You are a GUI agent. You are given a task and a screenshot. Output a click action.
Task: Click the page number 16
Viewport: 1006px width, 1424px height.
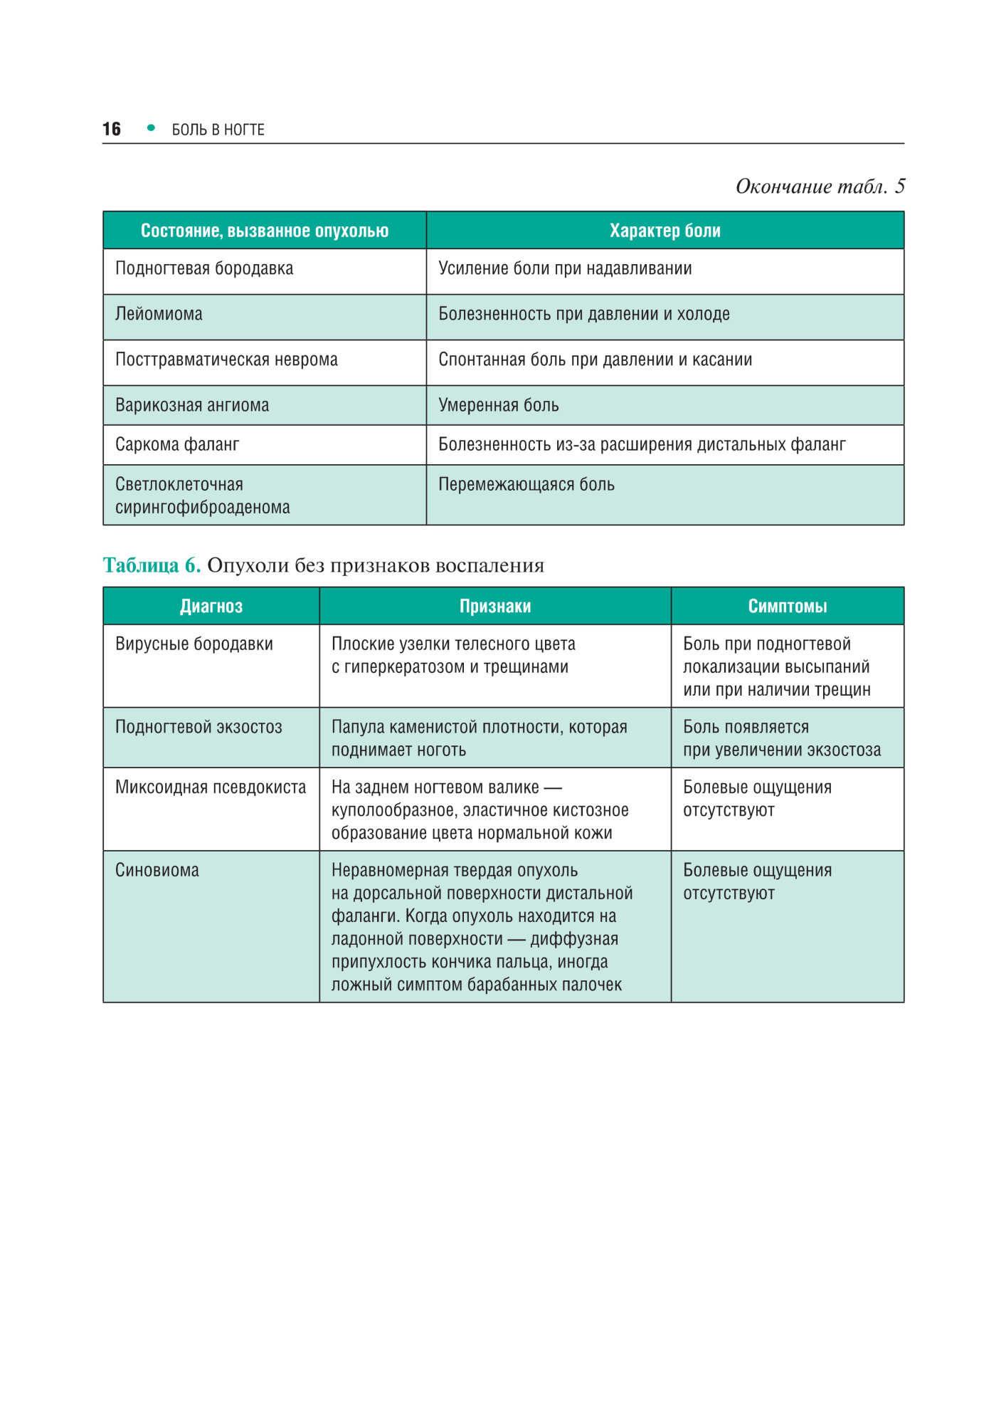pyautogui.click(x=112, y=129)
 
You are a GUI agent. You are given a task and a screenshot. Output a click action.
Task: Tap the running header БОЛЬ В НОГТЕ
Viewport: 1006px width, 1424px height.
pyautogui.click(x=218, y=130)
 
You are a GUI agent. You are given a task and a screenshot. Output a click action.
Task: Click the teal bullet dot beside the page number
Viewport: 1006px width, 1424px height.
pyautogui.click(x=151, y=128)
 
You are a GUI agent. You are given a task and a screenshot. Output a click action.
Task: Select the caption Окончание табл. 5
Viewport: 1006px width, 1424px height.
pyautogui.click(x=820, y=187)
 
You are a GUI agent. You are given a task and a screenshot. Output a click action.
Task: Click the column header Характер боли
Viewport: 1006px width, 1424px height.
pyautogui.click(x=665, y=231)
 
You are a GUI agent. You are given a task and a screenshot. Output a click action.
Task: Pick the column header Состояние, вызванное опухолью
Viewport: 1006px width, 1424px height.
pyautogui.click(x=265, y=231)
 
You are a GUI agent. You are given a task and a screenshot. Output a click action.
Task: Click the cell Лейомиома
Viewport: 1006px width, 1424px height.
pyautogui.click(x=159, y=314)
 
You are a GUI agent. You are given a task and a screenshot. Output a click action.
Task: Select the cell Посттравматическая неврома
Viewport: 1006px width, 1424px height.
pyautogui.click(x=226, y=360)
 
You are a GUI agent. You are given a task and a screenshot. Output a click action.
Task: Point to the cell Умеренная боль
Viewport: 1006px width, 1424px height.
pyautogui.click(x=498, y=405)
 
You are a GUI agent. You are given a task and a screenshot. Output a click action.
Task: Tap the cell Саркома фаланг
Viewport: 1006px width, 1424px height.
pyautogui.click(x=177, y=444)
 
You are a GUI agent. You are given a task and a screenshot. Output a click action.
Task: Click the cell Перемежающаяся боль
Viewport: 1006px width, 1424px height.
pyautogui.click(x=526, y=484)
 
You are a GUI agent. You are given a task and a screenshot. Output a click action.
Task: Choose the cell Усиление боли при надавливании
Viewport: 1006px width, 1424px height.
pyautogui.click(x=565, y=268)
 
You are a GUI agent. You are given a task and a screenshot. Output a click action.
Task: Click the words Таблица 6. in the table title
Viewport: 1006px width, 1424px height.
pyautogui.click(x=152, y=565)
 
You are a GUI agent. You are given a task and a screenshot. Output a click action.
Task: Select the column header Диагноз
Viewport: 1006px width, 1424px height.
pyautogui.click(x=211, y=606)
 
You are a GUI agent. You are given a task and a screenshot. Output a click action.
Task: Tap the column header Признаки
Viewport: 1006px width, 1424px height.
pyautogui.click(x=495, y=606)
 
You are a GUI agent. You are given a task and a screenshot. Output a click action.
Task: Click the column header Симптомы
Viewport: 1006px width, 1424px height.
pyautogui.click(x=788, y=606)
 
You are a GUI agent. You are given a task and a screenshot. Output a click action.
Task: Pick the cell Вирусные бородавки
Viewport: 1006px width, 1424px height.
pyautogui.click(x=194, y=644)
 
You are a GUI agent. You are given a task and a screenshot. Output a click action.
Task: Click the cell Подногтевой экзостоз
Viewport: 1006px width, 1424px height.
pyautogui.click(x=198, y=727)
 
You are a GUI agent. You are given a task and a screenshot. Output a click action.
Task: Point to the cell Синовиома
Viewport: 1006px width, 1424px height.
pyautogui.click(x=157, y=870)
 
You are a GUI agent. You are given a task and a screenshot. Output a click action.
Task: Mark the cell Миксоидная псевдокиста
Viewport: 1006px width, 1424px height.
pyautogui.click(x=211, y=787)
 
